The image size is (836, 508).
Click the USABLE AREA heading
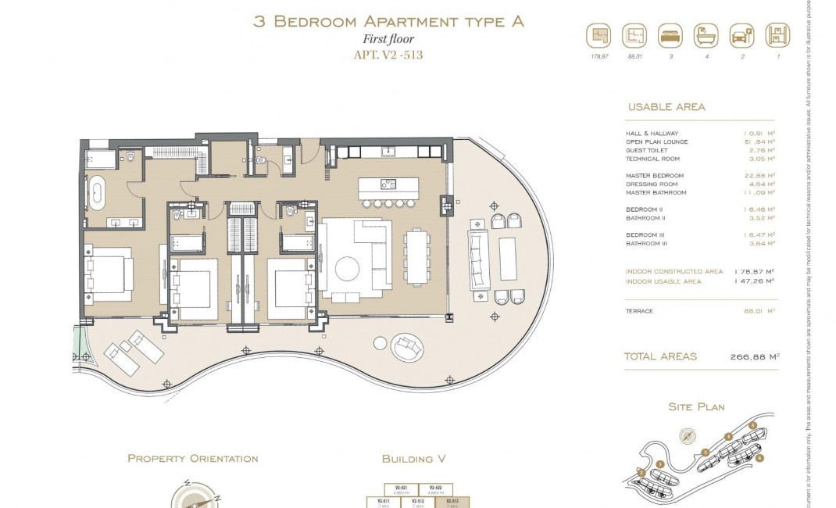point(666,107)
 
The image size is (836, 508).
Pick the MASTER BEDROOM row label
point(655,176)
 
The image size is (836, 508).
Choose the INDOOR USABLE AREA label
point(663,280)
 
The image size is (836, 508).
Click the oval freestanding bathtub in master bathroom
point(98,193)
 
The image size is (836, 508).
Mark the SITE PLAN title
point(696,406)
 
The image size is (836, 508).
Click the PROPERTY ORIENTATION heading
point(192,459)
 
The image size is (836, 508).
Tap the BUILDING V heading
point(413,459)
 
